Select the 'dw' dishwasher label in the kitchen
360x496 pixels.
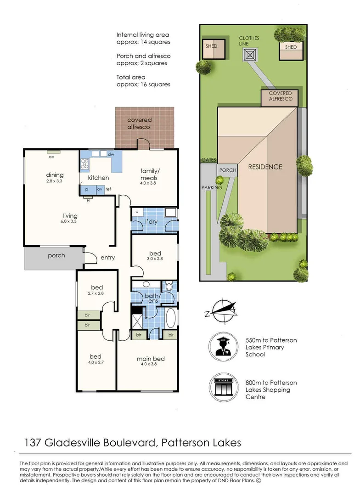pos(111,155)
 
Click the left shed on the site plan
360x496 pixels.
pos(214,49)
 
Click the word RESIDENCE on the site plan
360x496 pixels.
pos(265,167)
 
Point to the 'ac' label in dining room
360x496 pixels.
pos(52,156)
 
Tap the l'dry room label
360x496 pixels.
pos(151,222)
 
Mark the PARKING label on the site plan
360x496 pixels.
pos(211,187)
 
